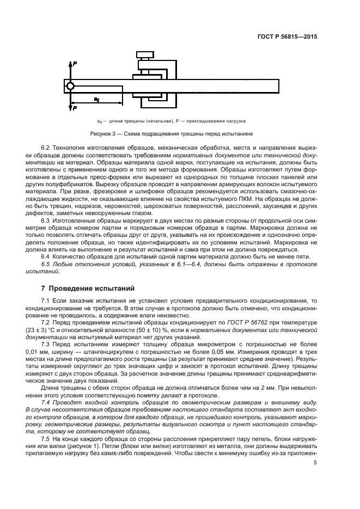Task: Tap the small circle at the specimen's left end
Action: (70, 86)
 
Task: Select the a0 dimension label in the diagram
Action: (96, 99)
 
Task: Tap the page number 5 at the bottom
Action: (315, 463)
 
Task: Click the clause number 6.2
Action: (46, 149)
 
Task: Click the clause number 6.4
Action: (46, 255)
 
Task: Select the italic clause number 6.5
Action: (46, 263)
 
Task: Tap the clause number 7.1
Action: (46, 301)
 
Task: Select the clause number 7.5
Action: (46, 438)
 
